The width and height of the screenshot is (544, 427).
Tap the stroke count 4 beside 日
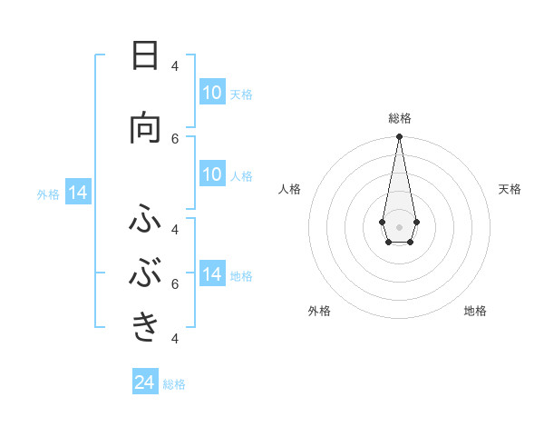pos(175,65)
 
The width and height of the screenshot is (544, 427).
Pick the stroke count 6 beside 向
pos(175,138)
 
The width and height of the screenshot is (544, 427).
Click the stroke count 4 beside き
pos(175,338)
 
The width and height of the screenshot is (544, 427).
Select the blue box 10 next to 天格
pos(212,93)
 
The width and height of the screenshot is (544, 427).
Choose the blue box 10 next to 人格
pos(212,174)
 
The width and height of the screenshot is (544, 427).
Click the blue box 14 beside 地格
pos(212,274)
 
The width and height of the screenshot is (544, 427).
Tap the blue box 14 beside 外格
pos(78,193)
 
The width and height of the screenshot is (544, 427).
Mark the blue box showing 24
pos(145,382)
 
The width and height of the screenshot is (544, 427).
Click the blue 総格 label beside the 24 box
pos(174,384)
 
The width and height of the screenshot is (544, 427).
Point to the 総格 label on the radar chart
pos(399,118)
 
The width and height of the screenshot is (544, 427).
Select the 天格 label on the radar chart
pos(510,189)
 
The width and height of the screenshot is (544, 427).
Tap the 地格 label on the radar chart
pos(475,311)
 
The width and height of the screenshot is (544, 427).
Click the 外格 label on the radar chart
pos(319,311)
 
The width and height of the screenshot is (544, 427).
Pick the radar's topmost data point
pos(399,137)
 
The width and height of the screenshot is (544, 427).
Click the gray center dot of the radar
pos(399,226)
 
